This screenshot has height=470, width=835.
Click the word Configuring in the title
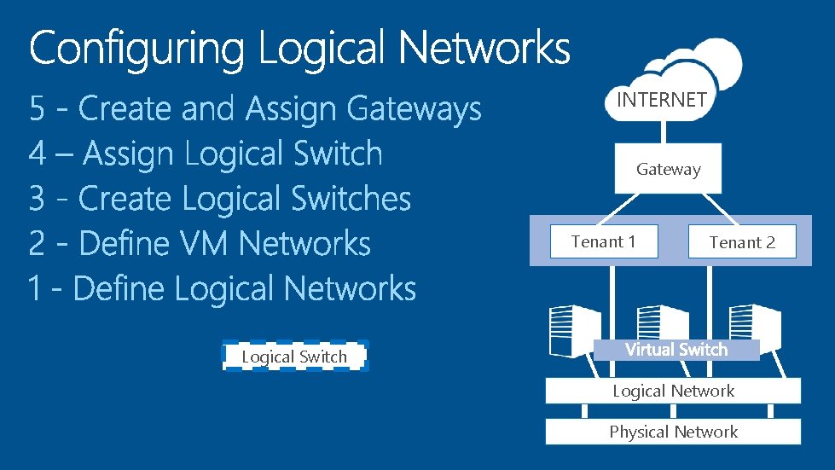click(136, 49)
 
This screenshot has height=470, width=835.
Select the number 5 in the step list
click(37, 109)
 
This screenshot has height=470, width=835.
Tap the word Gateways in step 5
click(414, 109)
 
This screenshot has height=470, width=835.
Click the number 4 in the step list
click(37, 154)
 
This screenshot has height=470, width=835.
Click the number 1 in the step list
click(35, 289)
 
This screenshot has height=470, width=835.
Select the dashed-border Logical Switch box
click(294, 357)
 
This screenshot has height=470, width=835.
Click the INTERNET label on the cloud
click(661, 100)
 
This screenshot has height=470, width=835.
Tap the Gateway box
click(668, 169)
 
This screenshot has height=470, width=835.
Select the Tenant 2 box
click(741, 242)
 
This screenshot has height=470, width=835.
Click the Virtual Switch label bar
click(676, 350)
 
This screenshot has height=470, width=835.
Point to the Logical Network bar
click(673, 392)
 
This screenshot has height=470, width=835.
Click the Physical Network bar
click(673, 432)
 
